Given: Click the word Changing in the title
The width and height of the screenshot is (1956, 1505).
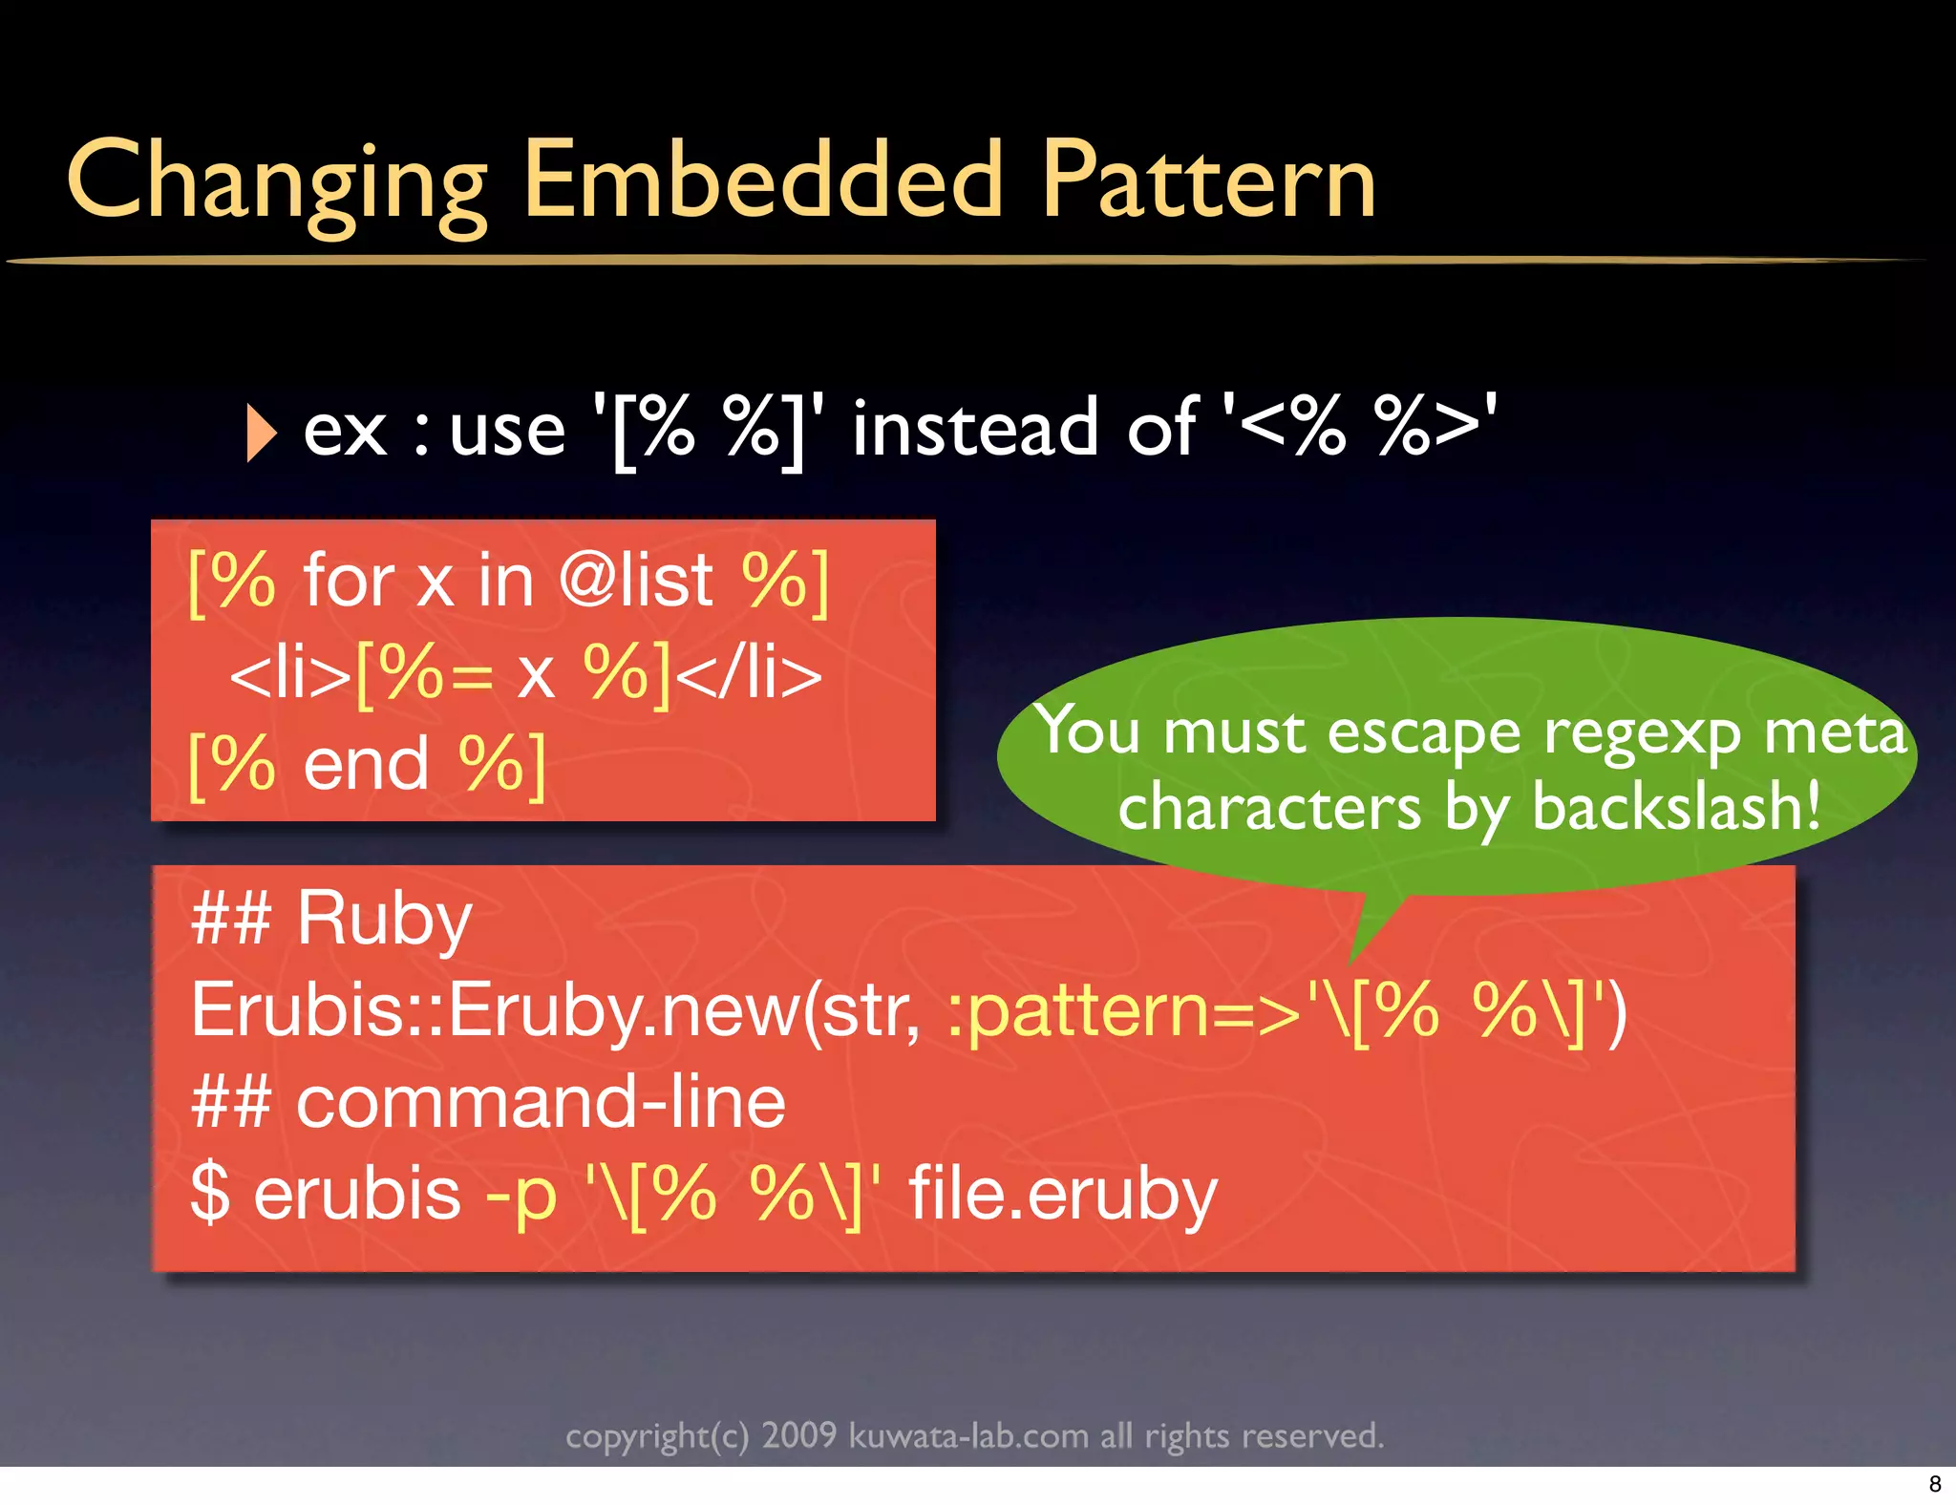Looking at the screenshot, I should (x=277, y=181).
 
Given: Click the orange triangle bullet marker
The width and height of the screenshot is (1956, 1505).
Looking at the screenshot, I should (x=261, y=433).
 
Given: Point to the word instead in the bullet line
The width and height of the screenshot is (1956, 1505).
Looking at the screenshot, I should (x=975, y=429).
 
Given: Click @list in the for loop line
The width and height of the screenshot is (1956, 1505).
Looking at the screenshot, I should (x=635, y=580).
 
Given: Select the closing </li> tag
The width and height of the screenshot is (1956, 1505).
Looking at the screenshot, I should (x=749, y=673).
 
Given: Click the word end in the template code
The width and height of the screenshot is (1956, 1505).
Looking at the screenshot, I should (x=367, y=765).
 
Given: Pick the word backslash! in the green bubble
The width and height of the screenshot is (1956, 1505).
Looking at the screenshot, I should (x=1676, y=807).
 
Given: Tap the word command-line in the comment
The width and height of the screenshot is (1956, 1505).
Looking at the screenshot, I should (x=541, y=1102).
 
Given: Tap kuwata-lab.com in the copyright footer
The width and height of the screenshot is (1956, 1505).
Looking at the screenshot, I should (x=968, y=1436).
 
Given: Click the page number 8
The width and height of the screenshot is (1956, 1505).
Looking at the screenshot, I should (x=1935, y=1484).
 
